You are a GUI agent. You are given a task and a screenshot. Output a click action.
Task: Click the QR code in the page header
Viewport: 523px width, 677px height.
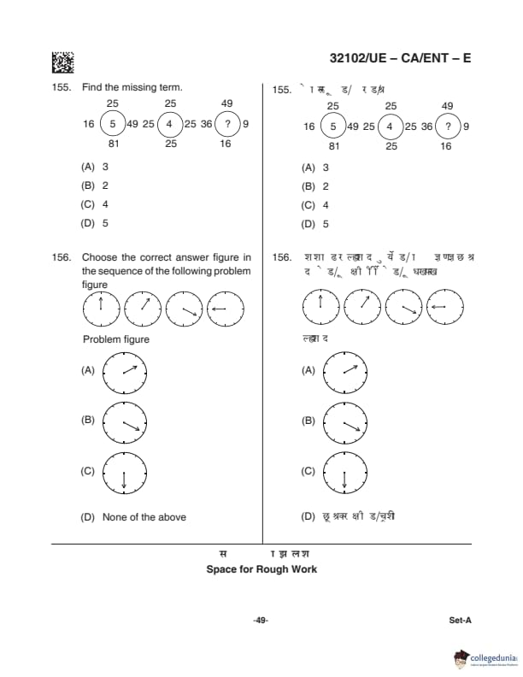coord(62,62)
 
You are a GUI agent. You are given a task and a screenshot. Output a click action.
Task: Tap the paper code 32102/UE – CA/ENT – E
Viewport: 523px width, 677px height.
coord(400,59)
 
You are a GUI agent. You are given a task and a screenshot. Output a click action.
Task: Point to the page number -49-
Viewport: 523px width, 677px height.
coord(261,621)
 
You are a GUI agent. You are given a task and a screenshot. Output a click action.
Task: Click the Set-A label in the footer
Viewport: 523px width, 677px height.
coord(460,621)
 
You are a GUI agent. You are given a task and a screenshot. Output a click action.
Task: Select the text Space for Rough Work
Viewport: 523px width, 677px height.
coord(261,569)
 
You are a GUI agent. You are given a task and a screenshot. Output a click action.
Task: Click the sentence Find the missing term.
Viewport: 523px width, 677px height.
coord(132,88)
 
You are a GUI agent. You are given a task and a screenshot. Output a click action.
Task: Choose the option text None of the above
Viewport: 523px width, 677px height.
coord(144,517)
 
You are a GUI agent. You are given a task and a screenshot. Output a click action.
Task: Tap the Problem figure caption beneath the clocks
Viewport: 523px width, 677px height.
coord(116,339)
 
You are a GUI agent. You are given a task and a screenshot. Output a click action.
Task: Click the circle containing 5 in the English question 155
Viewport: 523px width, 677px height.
coord(113,125)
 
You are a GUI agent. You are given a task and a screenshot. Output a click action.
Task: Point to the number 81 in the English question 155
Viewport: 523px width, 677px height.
coord(113,144)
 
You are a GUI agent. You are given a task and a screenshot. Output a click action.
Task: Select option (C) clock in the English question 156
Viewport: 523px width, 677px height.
coord(125,471)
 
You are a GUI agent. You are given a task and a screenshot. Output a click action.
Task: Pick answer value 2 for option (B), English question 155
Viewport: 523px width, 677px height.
coord(105,185)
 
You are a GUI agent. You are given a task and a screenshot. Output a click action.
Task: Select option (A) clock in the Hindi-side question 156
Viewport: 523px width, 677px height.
coord(344,370)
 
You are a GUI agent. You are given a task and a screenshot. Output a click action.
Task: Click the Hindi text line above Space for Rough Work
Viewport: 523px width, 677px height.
coord(261,554)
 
